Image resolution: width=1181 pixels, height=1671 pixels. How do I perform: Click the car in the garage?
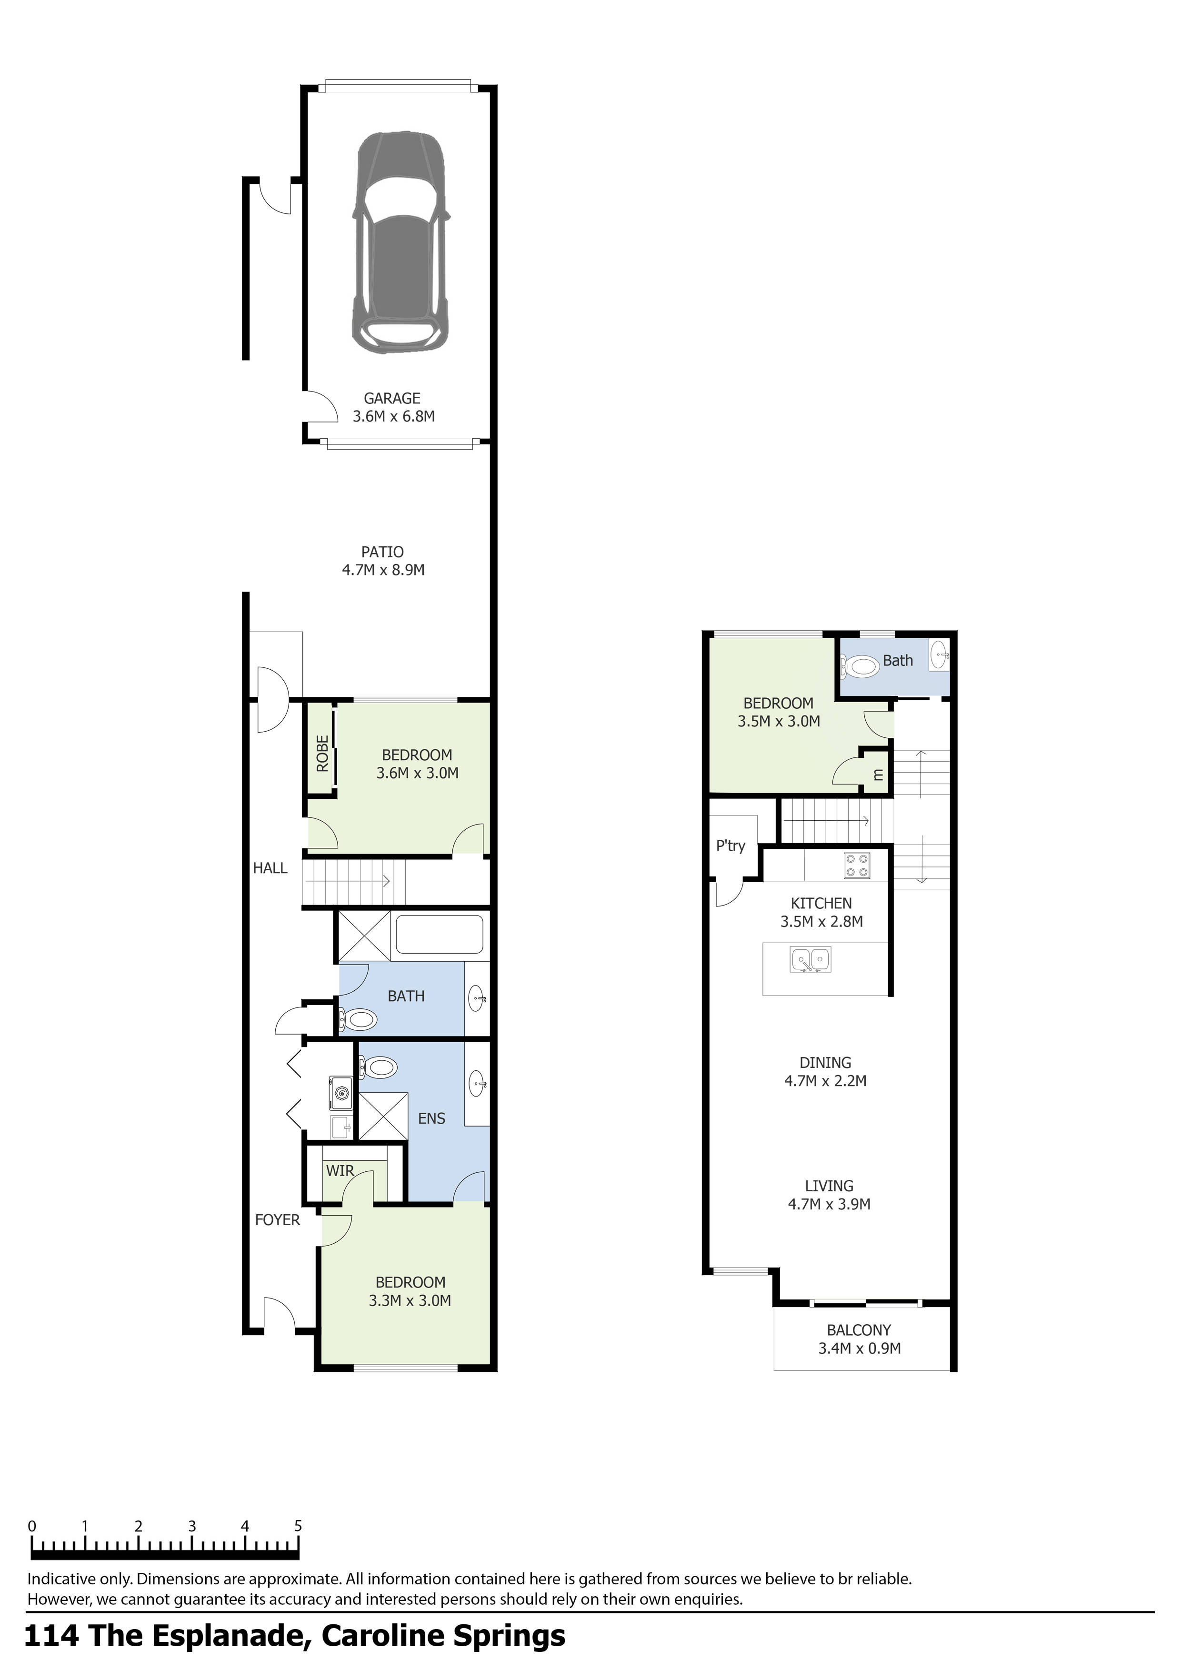point(400,244)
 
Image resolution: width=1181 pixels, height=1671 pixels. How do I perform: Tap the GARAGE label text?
point(392,398)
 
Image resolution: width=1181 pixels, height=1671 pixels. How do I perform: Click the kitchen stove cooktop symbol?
point(856,866)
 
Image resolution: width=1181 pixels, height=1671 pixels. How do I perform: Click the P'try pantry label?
point(731,846)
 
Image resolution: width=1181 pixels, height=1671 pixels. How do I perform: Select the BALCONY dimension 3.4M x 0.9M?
point(860,1349)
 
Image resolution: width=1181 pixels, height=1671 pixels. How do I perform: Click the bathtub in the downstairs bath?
point(439,935)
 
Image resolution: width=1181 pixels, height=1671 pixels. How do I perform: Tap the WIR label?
point(340,1171)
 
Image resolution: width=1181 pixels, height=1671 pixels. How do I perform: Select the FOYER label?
point(277,1220)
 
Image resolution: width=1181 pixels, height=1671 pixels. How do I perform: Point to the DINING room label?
point(825,1063)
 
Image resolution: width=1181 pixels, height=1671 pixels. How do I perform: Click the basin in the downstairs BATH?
point(477,998)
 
